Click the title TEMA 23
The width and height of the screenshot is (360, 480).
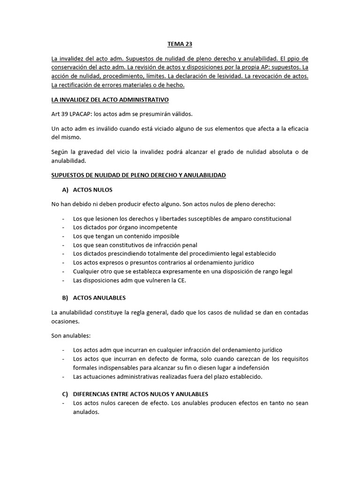pos(180,45)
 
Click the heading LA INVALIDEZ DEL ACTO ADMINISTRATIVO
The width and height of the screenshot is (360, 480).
pos(110,100)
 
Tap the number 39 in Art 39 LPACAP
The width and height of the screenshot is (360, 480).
pos(65,114)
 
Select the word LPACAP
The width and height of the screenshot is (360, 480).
pos(82,114)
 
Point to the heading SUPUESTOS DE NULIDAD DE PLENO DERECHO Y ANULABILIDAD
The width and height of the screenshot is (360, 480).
pos(138,175)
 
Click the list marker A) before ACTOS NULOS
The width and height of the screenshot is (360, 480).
pos(65,190)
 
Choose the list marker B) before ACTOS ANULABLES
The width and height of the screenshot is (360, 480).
pos(65,298)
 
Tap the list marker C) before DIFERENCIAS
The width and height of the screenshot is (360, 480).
pos(65,394)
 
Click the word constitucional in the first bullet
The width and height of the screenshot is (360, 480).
pos(270,219)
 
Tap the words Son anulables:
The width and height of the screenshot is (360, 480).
pos(71,336)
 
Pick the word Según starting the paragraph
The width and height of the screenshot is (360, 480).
pos(60,152)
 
